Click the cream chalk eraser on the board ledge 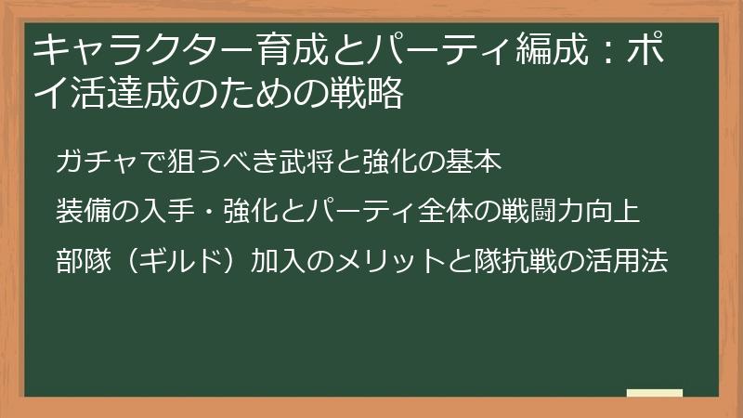654,391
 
